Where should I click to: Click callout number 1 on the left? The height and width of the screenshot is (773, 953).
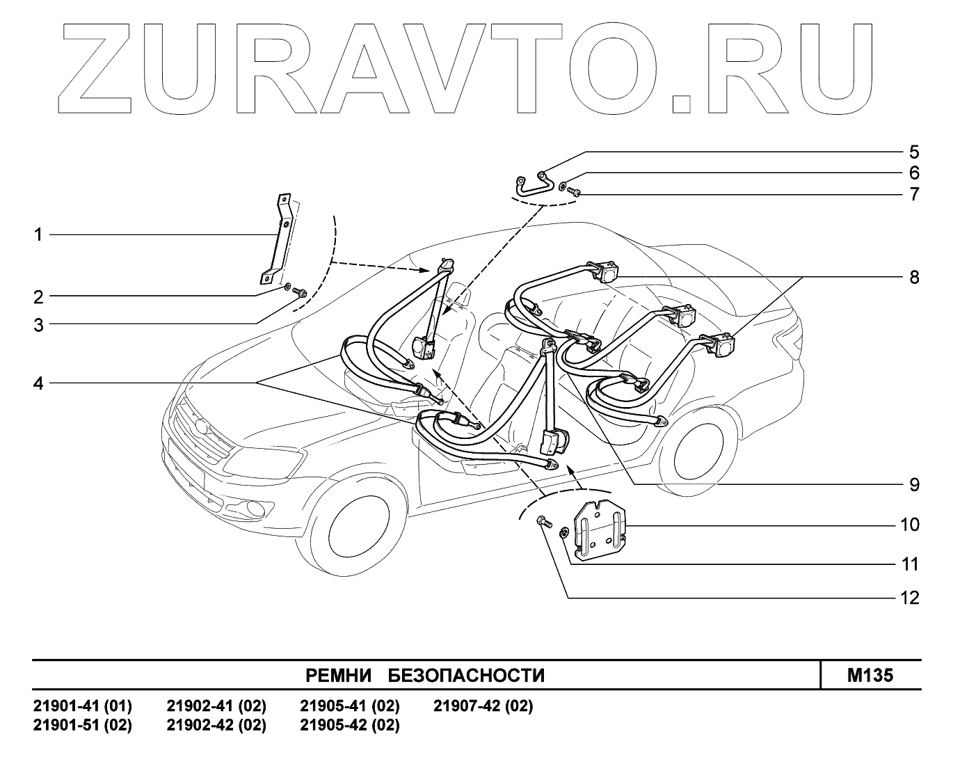39,235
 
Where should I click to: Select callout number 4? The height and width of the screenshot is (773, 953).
39,383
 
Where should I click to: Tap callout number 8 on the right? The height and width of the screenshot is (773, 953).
913,277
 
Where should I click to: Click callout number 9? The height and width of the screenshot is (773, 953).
913,484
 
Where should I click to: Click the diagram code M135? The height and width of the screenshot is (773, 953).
870,675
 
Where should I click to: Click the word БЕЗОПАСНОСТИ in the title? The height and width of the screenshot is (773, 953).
465,676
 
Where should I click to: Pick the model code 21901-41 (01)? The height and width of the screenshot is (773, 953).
83,706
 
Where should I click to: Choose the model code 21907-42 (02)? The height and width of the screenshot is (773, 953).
483,706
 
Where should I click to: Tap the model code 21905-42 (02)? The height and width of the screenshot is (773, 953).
350,725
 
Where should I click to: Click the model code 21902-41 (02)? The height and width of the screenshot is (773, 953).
216,706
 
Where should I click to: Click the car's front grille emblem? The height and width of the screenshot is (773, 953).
202,426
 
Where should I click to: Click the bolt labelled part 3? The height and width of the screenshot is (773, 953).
300,292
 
